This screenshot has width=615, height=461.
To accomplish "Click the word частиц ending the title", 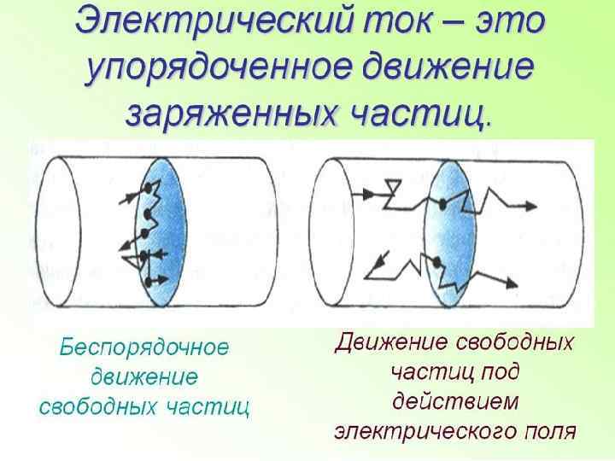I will (435, 112).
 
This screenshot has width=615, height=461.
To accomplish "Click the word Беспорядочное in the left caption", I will (144, 348).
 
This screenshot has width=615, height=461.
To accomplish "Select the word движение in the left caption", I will (144, 376).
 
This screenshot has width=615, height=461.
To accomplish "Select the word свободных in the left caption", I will (95, 406).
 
